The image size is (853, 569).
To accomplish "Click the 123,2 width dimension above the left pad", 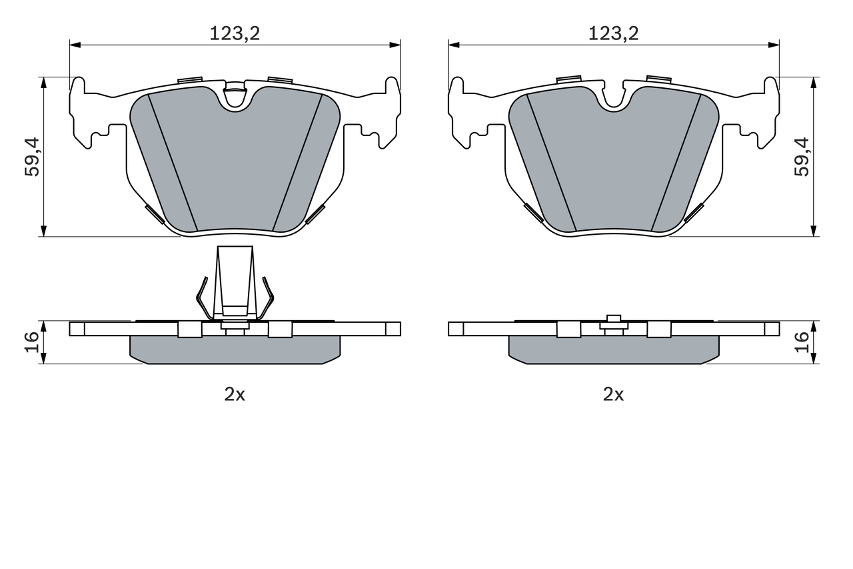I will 235,33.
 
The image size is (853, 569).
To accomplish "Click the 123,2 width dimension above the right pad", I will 613,33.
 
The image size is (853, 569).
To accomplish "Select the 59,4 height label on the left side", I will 32,157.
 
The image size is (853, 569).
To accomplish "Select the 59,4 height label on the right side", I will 802,157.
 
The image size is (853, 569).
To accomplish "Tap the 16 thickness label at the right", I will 802,342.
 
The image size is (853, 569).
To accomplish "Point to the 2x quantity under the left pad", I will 235,394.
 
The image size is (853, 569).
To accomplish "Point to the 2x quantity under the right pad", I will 613,394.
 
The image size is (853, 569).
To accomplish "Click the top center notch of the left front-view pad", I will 235,97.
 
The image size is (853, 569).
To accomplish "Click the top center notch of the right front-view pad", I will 613,97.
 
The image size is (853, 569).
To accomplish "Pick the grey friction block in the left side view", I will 235,349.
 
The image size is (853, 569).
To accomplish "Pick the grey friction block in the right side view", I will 613,349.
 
